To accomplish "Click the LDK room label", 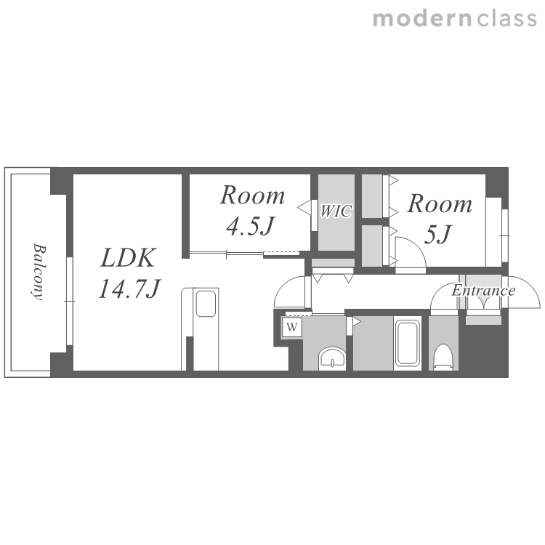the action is click(128, 258).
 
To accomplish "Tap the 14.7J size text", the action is click(129, 289).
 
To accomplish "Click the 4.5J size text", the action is click(250, 226).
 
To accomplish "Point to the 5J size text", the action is click(437, 235).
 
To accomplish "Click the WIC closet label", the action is click(336, 211).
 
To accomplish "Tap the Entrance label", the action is click(483, 290).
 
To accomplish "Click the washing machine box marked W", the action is click(292, 328).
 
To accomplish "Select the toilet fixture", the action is click(443, 357).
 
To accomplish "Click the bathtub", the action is click(408, 344).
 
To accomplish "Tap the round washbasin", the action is click(332, 358).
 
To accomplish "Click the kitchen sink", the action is click(206, 304).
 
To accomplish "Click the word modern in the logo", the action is click(422, 19).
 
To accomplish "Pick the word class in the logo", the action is click(506, 19).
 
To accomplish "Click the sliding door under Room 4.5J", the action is click(244, 254).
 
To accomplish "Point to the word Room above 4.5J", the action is click(253, 195).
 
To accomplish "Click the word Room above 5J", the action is click(440, 203).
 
